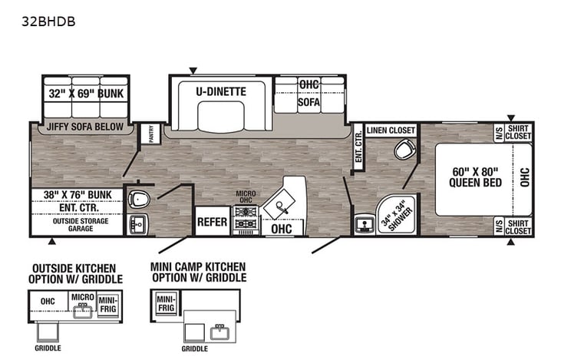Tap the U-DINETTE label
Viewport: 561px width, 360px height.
220,91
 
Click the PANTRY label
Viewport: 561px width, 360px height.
151,134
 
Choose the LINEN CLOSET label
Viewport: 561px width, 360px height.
391,130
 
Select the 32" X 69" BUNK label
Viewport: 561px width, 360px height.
86,94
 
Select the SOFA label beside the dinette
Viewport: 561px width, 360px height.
309,101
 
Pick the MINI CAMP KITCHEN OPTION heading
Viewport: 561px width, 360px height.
198,272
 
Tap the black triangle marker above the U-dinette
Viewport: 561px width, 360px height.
193,69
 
